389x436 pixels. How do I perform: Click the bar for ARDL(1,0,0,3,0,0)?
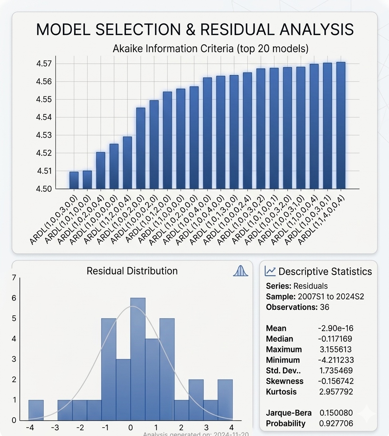[74, 180]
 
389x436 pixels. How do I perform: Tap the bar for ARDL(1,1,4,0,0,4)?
[341, 125]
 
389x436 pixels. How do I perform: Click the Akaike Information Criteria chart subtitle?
[210, 49]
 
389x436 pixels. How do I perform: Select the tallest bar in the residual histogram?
[138, 358]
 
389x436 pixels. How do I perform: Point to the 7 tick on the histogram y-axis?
[14, 278]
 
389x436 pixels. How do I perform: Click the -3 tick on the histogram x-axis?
[55, 428]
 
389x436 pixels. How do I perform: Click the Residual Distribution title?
[132, 271]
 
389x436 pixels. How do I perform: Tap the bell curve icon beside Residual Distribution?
[240, 271]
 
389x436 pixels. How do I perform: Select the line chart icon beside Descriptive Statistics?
[270, 271]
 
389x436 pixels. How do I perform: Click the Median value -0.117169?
[335, 339]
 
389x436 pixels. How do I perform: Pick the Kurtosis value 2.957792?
[336, 391]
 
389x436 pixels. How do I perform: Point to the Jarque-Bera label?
[289, 413]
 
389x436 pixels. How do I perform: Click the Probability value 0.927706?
[336, 423]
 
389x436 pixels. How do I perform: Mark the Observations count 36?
[324, 307]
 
